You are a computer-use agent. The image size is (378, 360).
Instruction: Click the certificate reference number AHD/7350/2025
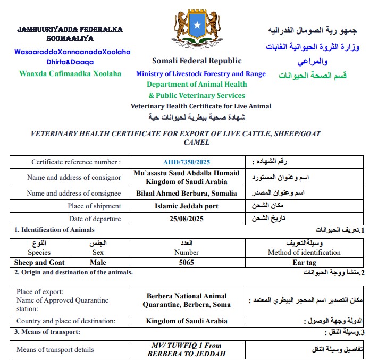point(187,162)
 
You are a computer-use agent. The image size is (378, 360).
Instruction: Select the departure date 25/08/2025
point(187,219)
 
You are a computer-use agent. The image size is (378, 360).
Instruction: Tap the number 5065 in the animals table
point(187,262)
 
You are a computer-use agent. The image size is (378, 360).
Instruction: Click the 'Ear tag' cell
point(304,262)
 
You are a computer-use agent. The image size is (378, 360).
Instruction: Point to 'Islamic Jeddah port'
point(187,206)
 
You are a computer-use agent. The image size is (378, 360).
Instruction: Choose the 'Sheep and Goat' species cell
point(39,262)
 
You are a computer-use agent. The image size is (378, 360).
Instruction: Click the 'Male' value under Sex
point(98,262)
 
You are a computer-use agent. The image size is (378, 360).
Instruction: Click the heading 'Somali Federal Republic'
point(197,61)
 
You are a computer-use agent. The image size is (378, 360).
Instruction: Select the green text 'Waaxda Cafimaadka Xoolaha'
point(70,73)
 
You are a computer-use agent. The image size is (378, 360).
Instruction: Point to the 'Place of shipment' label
point(94,206)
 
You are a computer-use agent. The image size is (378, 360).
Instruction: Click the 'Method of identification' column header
point(304,252)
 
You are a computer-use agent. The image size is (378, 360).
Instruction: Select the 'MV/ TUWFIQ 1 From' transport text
point(187,346)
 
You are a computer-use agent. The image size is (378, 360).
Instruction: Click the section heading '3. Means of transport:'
point(47,332)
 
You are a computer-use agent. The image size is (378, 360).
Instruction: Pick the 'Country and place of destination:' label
point(66,321)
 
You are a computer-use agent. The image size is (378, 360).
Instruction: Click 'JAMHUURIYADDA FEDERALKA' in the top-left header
point(70,29)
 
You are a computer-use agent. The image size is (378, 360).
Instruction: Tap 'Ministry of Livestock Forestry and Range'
point(201,74)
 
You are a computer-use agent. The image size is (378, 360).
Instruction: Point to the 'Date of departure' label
point(95,219)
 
